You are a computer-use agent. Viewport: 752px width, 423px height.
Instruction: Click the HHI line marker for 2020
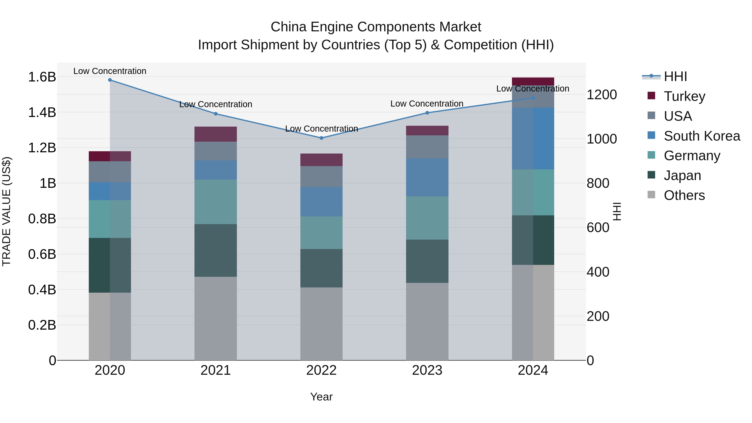110,80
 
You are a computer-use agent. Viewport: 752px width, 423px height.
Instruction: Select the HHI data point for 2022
321,138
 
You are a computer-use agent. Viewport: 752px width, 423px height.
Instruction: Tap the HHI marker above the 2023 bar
427,113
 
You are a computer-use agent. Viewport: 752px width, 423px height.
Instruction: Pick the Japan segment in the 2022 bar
321,268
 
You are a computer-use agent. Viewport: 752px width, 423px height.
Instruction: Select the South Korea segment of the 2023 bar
427,177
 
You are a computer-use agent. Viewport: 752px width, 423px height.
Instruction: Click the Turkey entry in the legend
684,96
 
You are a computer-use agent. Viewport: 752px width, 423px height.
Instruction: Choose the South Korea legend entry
702,136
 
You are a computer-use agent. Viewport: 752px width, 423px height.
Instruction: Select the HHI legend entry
675,76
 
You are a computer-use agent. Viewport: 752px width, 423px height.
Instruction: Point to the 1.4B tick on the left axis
42,113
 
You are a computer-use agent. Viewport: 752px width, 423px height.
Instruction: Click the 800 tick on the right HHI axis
598,183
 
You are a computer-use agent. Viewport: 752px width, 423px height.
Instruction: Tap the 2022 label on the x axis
321,370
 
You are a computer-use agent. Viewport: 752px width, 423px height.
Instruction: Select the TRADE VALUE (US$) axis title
6,211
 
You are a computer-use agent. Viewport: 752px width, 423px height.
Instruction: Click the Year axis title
321,397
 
